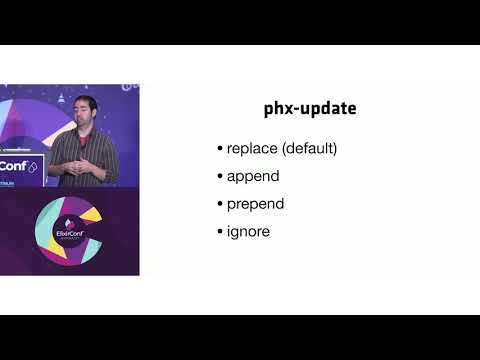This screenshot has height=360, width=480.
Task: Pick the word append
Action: (252, 177)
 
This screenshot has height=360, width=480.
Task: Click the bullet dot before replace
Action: (220, 150)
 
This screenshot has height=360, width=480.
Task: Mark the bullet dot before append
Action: (220, 177)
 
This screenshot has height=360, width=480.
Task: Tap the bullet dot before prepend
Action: (220, 204)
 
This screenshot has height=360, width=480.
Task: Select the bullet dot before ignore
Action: (220, 231)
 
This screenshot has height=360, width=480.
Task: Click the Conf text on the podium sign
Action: (15, 166)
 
